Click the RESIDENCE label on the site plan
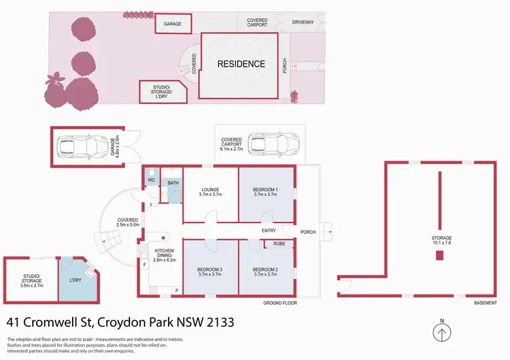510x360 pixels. [241, 64]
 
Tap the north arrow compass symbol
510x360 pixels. [442, 333]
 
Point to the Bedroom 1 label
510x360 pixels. [266, 191]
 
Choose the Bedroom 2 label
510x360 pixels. [266, 271]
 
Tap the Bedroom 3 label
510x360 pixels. [210, 271]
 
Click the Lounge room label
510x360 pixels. [210, 191]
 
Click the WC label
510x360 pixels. [151, 180]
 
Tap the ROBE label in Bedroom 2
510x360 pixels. [278, 242]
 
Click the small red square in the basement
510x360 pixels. [439, 255]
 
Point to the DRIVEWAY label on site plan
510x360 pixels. [303, 22]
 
